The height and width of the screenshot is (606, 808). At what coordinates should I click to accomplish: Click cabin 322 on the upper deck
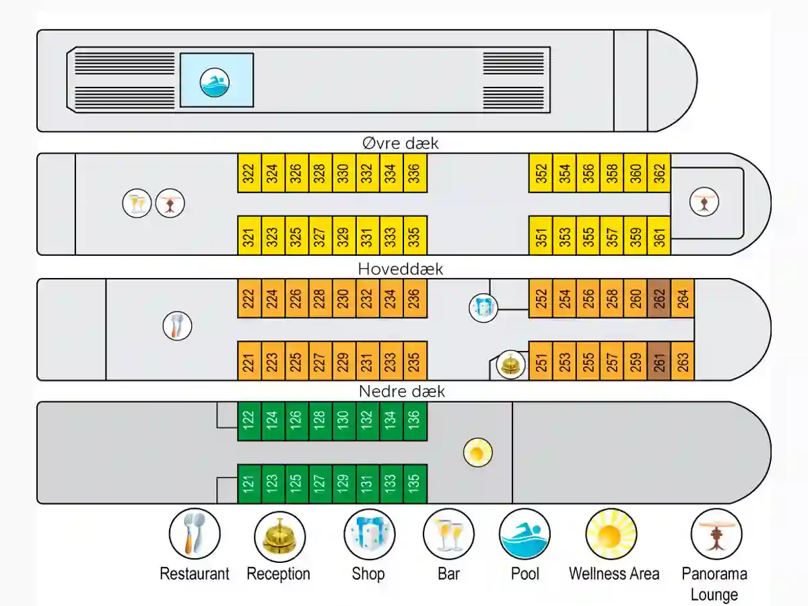coord(249,173)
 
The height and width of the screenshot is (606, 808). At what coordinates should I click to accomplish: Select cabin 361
coord(659,236)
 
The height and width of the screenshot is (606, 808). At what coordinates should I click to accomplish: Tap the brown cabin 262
coord(659,298)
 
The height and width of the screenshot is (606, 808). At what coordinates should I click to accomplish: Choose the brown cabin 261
coord(659,361)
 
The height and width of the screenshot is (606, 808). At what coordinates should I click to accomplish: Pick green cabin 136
coord(415,422)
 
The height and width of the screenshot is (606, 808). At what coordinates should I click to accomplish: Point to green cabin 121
coord(249,484)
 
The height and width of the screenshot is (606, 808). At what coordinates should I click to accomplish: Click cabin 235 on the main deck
coord(415,361)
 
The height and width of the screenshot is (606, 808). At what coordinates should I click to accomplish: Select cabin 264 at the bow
coord(683,298)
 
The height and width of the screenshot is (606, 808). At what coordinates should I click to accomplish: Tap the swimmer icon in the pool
coord(215,82)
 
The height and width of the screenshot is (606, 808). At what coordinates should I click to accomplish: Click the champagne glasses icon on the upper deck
coord(137,203)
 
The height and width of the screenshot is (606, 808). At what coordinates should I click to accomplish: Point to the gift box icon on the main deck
coord(483,308)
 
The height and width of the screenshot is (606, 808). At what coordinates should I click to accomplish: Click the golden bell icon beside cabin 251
coord(510,364)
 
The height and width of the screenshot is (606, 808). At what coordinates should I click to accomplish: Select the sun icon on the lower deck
coord(478,452)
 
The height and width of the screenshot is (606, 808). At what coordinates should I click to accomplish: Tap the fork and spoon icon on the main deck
coord(178,326)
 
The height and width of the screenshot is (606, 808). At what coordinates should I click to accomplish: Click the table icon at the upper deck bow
coord(704,201)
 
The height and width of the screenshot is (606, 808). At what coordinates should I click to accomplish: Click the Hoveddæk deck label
coord(401,269)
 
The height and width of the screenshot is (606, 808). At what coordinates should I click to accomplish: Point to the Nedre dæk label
coord(402,391)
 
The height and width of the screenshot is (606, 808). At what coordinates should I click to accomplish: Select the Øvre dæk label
coord(401,143)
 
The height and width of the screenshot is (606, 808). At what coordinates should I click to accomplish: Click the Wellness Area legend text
coord(614,574)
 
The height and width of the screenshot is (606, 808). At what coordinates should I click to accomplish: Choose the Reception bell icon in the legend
coord(279,537)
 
